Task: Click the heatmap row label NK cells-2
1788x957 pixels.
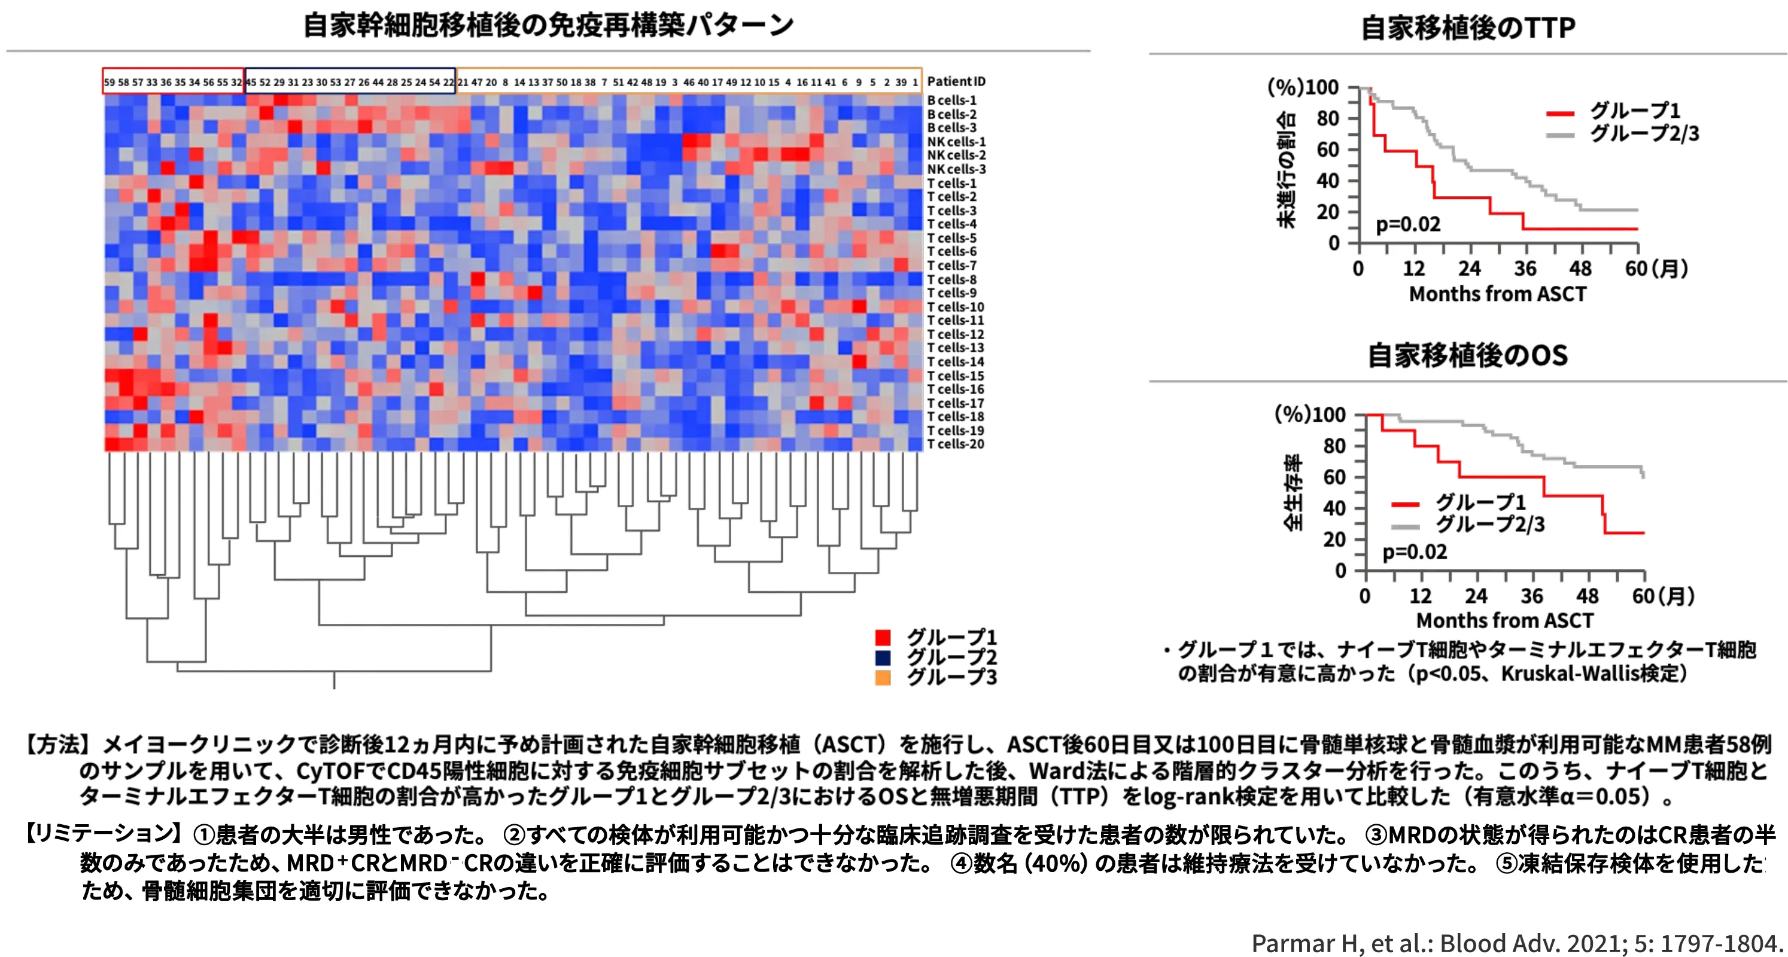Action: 956,155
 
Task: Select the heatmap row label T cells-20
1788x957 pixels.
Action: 955,444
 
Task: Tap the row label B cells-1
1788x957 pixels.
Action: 951,100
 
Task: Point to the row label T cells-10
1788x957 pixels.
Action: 955,307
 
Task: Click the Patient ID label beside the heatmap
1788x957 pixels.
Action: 956,81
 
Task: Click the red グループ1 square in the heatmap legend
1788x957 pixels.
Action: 883,637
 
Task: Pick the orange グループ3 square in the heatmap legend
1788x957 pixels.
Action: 883,677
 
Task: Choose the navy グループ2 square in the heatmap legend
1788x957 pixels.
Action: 883,657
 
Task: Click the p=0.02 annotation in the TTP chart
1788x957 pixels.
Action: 1407,224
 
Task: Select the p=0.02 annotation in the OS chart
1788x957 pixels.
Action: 1415,551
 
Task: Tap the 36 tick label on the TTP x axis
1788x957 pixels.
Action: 1525,269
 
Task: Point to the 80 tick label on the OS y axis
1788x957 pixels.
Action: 1334,446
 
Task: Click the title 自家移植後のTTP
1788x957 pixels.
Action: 1467,28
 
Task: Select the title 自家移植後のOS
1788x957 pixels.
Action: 1467,355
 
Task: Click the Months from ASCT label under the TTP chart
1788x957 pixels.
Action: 1497,294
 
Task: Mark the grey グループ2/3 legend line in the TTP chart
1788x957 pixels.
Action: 1559,135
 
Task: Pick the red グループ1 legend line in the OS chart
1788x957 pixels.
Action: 1406,504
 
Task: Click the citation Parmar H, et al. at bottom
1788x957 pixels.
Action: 1516,943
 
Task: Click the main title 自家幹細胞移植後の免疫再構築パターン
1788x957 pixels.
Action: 548,25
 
